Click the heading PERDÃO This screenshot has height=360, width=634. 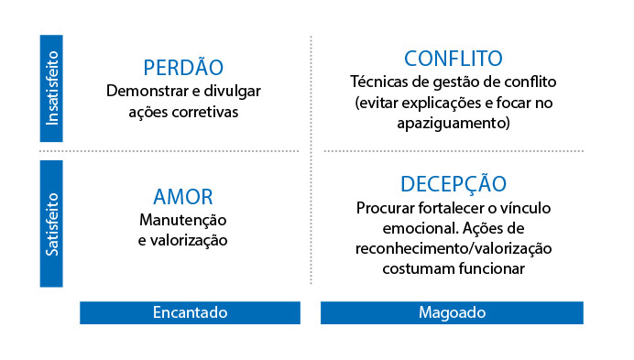click(183, 67)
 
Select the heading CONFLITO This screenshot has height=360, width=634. click(454, 59)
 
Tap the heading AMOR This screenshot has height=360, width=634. click(182, 197)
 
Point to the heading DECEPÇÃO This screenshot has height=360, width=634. click(454, 183)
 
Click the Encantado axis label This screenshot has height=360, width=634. click(190, 312)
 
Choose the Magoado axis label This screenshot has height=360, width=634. click(452, 312)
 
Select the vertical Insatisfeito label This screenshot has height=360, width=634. click(51, 88)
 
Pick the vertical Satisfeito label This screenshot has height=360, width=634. click(51, 224)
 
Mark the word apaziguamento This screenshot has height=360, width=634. click(454, 123)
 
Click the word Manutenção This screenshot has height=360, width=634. click(182, 221)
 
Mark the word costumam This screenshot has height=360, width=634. click(419, 269)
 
